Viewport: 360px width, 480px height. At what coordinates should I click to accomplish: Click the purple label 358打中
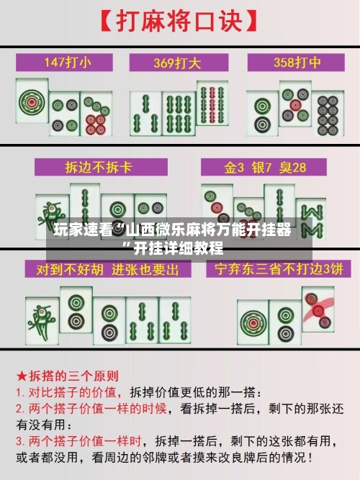pyautogui.click(x=294, y=62)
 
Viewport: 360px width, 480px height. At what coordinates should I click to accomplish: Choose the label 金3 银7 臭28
pyautogui.click(x=265, y=168)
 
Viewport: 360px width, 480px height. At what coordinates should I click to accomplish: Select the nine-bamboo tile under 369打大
pyautogui.click(x=214, y=112)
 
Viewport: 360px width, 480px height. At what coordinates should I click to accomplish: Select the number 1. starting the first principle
pyautogui.click(x=21, y=393)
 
